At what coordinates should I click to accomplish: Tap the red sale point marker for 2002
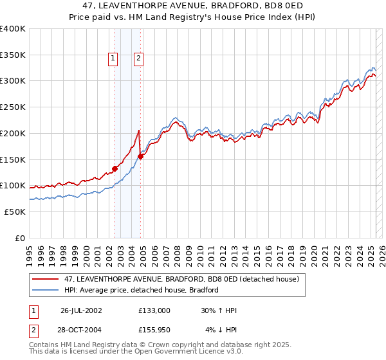click(115, 168)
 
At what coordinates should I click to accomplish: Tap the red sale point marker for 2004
click(141, 156)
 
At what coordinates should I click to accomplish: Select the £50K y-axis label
click(14, 212)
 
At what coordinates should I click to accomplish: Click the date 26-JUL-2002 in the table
click(81, 310)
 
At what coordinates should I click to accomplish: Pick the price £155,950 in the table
click(154, 330)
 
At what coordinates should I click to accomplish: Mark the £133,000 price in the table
click(154, 310)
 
